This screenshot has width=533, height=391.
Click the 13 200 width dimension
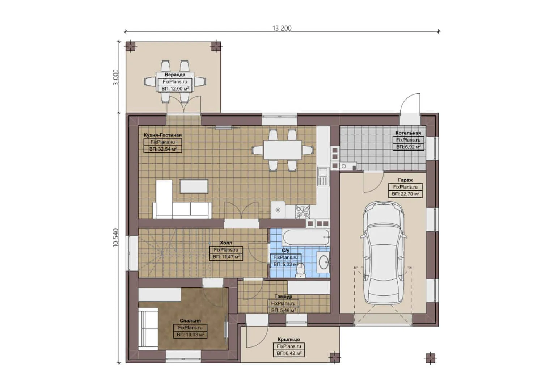tap(282, 28)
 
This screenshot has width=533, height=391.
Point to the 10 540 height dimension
tap(116, 237)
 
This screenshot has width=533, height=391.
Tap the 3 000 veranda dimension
tap(116, 77)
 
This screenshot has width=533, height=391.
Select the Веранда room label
tap(175, 75)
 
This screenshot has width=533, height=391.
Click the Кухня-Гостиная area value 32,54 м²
tap(162, 149)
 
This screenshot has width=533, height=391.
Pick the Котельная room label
tap(408, 133)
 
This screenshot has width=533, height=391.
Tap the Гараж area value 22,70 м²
tap(405, 194)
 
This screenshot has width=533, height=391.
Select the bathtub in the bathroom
tap(306, 237)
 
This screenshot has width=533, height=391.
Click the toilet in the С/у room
tap(300, 270)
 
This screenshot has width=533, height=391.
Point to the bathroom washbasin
tap(323, 261)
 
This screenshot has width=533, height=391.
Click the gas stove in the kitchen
tap(302, 212)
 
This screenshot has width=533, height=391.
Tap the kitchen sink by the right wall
tap(323, 176)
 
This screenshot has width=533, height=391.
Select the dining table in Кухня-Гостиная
tap(283, 150)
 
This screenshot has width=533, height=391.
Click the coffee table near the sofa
tap(194, 186)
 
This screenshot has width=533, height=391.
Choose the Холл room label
tap(226, 243)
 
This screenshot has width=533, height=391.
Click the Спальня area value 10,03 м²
tap(190, 335)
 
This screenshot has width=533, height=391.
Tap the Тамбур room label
tap(283, 297)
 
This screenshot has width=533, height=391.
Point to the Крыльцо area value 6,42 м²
tap(289, 353)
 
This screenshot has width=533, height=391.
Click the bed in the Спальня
tap(148, 328)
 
